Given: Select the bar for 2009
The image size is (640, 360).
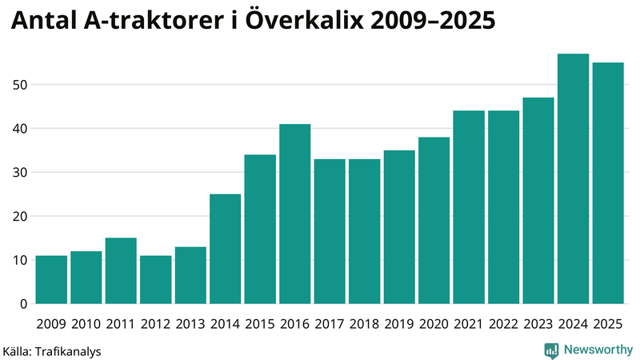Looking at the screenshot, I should [51, 279].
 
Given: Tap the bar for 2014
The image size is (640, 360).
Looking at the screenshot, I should [225, 249].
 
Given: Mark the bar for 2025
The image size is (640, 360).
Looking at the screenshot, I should [608, 183].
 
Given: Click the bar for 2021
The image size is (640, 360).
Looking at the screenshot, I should [469, 207].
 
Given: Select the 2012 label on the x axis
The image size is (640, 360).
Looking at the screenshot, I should [156, 324].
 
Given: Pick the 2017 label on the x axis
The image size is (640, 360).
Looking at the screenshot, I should [330, 324].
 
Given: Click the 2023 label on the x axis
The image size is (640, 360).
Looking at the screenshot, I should [538, 324].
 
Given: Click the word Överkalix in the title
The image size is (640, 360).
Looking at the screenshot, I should [302, 22].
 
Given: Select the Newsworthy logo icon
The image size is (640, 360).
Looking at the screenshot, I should [551, 350].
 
